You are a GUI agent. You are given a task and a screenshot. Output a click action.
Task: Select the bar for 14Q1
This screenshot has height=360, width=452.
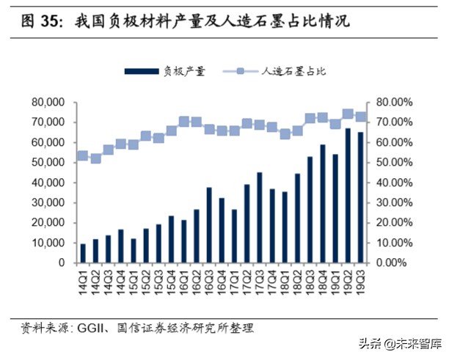83,253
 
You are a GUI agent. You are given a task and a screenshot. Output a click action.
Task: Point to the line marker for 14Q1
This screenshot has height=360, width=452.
83,155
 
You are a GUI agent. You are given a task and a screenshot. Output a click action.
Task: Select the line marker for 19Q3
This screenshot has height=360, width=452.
360,117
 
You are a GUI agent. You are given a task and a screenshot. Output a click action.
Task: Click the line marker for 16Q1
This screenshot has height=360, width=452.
183,121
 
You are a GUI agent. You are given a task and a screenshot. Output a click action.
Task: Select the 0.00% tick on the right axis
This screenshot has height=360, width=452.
399,262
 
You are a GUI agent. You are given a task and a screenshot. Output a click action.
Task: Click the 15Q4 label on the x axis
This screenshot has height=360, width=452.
171,281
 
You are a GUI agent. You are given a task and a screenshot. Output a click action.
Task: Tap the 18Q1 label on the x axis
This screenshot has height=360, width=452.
285,281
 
